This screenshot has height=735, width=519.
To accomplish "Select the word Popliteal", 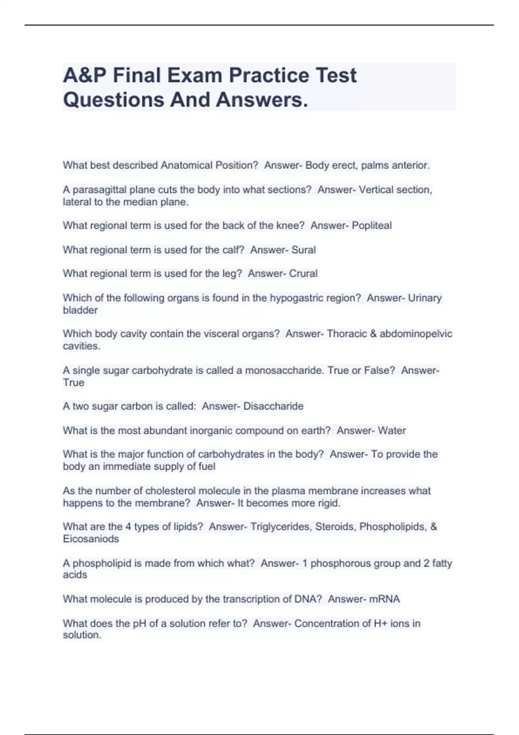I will [372, 226].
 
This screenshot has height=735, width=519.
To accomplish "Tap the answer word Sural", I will [304, 250].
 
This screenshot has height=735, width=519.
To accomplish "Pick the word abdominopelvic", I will [416, 334].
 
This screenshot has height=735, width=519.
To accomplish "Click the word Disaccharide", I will [273, 406].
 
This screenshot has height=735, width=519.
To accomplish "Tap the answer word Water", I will [392, 431].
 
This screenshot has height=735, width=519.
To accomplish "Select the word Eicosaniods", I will [91, 539].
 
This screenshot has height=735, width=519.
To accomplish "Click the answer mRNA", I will [384, 599].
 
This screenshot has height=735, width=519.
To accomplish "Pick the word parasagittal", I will [100, 190].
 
